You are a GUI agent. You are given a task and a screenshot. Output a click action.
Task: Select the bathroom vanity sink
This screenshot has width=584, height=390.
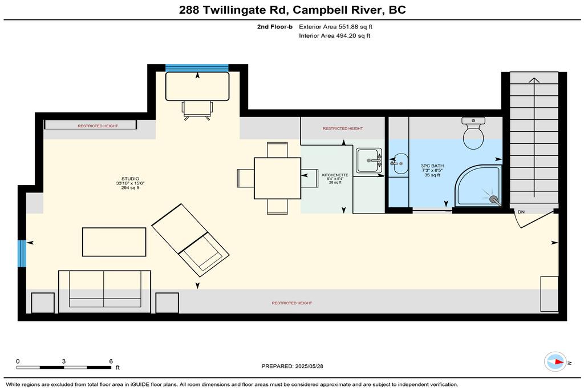point(400,163)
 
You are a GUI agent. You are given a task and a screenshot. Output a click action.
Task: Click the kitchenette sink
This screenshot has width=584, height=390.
point(369,160)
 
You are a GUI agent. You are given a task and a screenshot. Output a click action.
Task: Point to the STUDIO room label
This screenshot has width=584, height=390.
point(130,179)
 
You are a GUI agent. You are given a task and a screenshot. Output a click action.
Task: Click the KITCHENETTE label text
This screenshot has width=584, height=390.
point(335,175)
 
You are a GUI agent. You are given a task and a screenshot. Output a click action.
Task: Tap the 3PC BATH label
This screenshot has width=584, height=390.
point(432,166)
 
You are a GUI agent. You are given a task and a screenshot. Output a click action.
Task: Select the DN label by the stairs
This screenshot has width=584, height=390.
point(521,212)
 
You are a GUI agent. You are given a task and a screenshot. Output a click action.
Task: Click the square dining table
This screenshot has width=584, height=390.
point(278,178)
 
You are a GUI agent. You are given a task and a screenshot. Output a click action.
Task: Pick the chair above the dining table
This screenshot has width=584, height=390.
point(277,150)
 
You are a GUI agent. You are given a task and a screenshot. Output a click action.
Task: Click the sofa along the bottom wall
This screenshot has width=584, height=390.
point(105,292)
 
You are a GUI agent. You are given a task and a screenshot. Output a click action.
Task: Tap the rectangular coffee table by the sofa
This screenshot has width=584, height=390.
point(114,242)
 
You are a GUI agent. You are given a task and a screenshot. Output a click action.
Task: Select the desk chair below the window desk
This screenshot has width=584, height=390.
point(197,111)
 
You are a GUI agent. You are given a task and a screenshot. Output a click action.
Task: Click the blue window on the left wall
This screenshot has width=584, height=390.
point(22,254)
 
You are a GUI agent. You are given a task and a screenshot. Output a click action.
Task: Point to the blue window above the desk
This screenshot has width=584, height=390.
point(197,68)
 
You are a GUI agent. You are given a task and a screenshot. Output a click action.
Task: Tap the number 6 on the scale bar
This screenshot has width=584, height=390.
point(111,361)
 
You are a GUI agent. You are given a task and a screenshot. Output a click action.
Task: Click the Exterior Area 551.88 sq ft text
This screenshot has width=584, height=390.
point(335,26)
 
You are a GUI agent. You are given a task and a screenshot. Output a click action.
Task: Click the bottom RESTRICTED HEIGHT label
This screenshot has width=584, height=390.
point(292,303)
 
